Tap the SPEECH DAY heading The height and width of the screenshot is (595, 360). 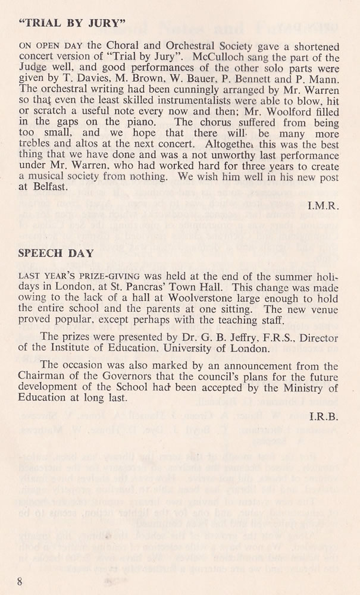[x=56, y=253]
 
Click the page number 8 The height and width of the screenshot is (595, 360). [x=20, y=581]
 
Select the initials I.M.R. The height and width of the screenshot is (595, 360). [x=324, y=206]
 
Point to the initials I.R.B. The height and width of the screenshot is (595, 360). [x=325, y=416]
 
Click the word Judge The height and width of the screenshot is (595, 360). [x=35, y=71]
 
